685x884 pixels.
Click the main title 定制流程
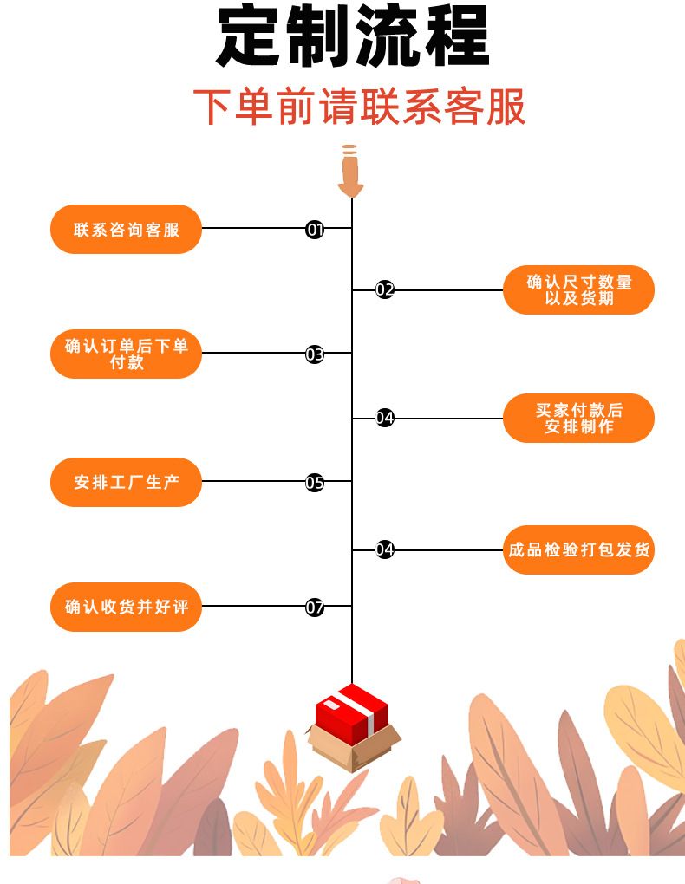pyautogui.click(x=352, y=39)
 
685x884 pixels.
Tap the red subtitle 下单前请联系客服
pyautogui.click(x=359, y=108)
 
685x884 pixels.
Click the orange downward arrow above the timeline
pyautogui.click(x=350, y=171)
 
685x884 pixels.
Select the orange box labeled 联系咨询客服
pyautogui.click(x=126, y=230)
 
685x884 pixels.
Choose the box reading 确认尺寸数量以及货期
pyautogui.click(x=578, y=290)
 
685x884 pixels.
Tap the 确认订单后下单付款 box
pyautogui.click(x=126, y=354)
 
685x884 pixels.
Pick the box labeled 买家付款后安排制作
pyautogui.click(x=578, y=419)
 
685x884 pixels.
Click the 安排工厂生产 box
pyautogui.click(x=126, y=482)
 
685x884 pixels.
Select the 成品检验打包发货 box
pyautogui.click(x=578, y=549)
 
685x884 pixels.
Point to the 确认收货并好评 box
pyautogui.click(x=126, y=607)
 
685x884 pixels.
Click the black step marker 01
pyautogui.click(x=315, y=230)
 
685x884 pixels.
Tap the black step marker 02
pyautogui.click(x=385, y=290)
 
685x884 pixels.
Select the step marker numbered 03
pyautogui.click(x=315, y=354)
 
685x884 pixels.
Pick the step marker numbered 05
pyautogui.click(x=315, y=482)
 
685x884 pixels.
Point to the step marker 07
pyautogui.click(x=315, y=607)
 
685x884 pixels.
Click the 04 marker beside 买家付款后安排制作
pyautogui.click(x=385, y=419)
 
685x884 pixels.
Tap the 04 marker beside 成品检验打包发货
pyautogui.click(x=385, y=549)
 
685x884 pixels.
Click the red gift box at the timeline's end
pyautogui.click(x=352, y=724)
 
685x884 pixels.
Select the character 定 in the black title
pyautogui.click(x=251, y=39)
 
